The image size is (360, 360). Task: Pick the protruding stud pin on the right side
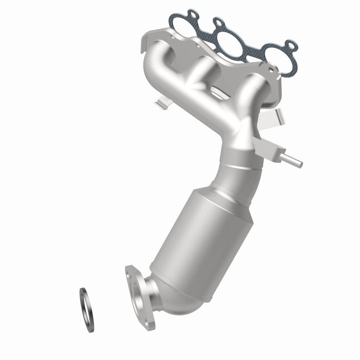[x=295, y=161]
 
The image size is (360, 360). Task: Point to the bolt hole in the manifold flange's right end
[x=270, y=67]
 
